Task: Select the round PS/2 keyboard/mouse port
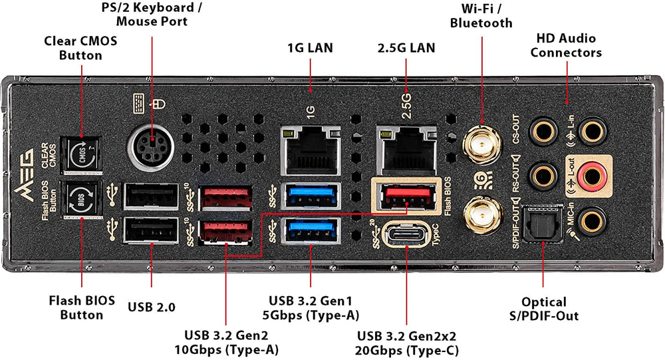[152, 143]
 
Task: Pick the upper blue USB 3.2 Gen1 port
[311, 197]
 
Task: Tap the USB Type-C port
[406, 236]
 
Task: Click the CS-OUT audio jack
[542, 129]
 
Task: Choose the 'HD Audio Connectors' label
[566, 45]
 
